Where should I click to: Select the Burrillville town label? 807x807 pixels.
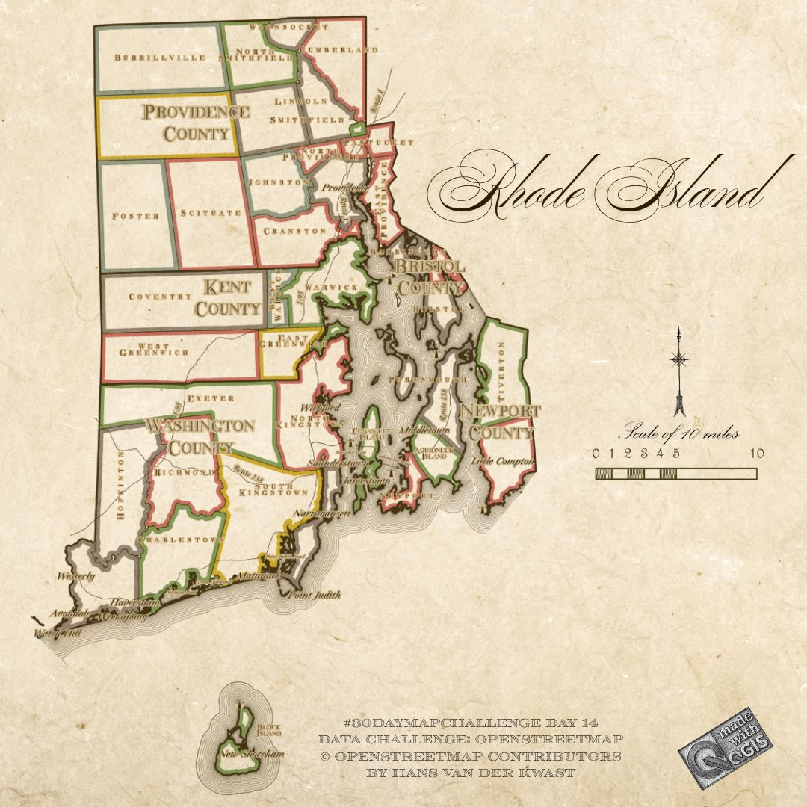tap(149, 58)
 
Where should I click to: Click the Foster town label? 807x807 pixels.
tap(135, 216)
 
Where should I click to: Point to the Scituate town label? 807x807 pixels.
tap(211, 213)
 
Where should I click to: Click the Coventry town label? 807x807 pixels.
tap(160, 297)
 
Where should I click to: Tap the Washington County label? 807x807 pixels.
tap(200, 436)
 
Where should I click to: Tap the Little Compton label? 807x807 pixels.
tap(502, 462)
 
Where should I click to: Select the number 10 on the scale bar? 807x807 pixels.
tap(756, 454)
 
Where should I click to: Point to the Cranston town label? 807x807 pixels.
tap(294, 231)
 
